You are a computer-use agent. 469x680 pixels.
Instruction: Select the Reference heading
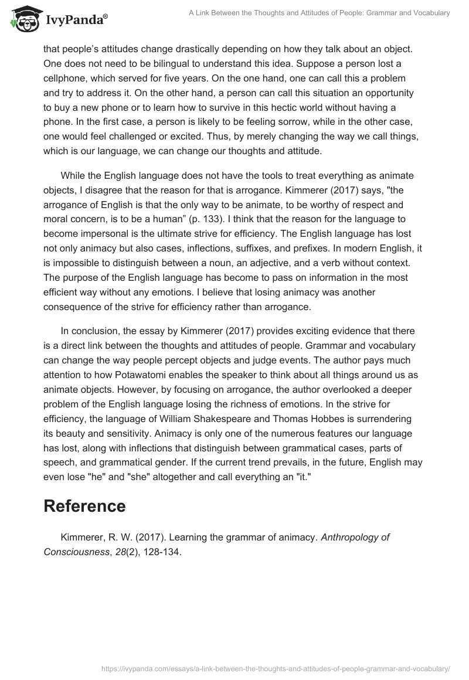pos(84,506)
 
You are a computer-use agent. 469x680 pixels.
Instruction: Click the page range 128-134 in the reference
pos(160,552)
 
